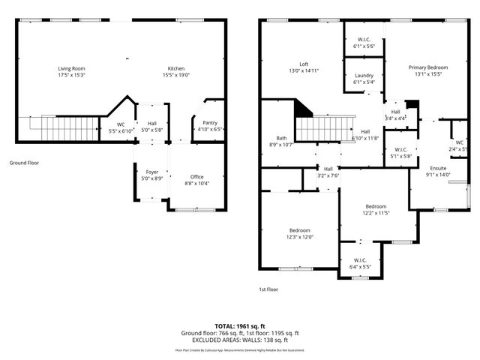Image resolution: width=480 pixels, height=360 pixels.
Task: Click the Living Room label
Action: (71, 69)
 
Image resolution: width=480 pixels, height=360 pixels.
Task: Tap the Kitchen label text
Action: (175, 69)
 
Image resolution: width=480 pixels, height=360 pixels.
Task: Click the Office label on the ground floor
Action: (196, 177)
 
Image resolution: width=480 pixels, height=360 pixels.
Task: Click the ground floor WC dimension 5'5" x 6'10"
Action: (120, 130)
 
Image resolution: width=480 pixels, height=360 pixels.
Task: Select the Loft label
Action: (304, 64)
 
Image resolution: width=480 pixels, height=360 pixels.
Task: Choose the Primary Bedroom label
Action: (428, 67)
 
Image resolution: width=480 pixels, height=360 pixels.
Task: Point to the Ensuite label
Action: (439, 169)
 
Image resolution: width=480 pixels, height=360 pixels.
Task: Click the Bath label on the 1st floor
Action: (281, 138)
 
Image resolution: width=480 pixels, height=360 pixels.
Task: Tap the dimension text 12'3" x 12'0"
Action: (299, 237)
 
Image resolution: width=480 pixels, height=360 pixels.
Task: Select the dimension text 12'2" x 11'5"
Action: (376, 213)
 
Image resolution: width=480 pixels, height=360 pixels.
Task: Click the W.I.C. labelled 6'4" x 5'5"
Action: (360, 262)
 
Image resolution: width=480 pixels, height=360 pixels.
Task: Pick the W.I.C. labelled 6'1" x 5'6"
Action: (364, 42)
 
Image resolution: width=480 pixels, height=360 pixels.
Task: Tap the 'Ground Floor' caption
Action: (25, 162)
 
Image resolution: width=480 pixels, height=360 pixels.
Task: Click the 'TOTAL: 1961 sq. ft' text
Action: (240, 326)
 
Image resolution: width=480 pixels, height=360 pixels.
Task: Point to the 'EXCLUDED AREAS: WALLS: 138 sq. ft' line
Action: (240, 340)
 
